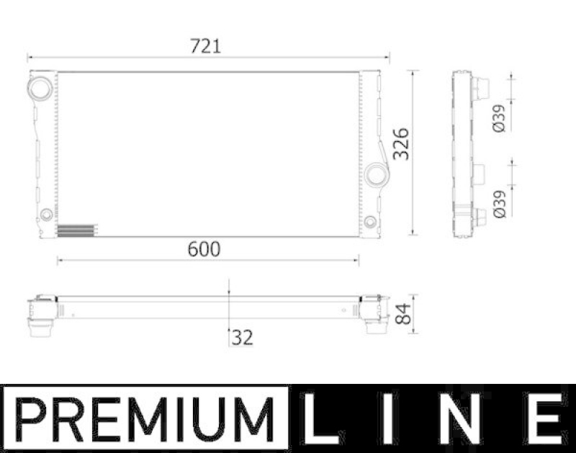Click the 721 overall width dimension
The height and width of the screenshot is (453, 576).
205,46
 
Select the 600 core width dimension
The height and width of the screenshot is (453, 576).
204,249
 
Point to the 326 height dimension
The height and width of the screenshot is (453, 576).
401,144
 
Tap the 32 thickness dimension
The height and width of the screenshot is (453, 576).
243,336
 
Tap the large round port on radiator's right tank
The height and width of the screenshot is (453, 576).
375,174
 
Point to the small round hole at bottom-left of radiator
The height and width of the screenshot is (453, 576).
46,214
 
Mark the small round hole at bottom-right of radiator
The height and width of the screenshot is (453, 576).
370,221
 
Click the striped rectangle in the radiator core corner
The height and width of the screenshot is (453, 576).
75,230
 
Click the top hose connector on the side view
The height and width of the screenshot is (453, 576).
480,88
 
